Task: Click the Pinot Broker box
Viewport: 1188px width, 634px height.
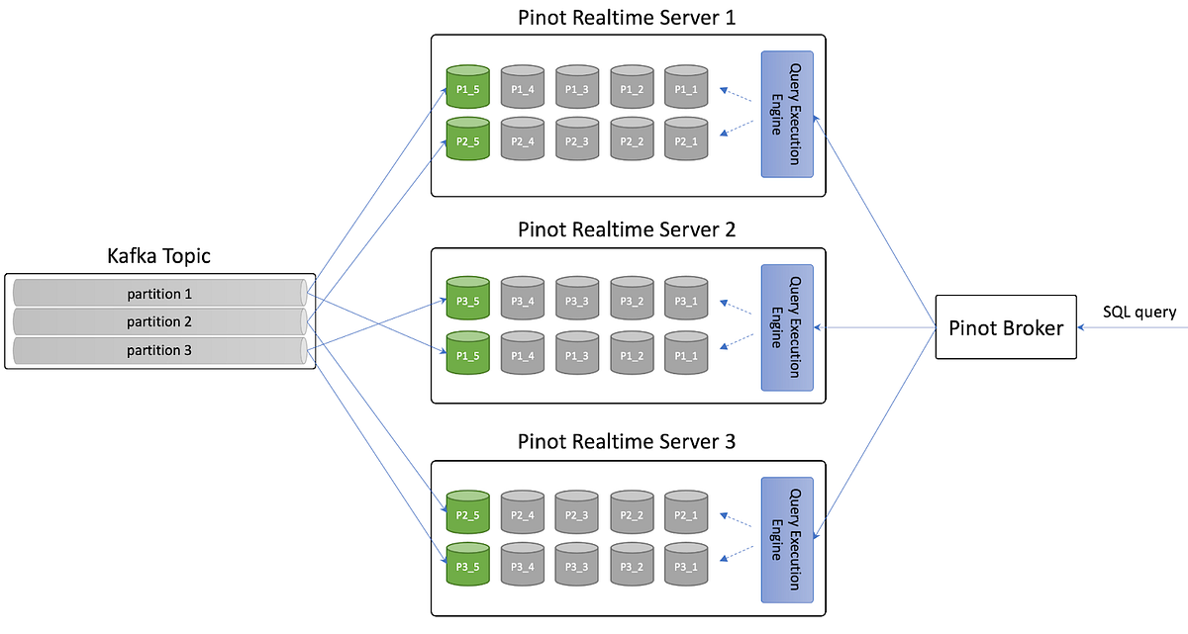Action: (x=1005, y=327)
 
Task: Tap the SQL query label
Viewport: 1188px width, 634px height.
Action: (x=1138, y=313)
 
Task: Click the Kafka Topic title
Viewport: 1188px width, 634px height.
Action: (x=158, y=257)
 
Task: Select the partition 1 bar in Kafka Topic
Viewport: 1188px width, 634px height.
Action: (x=159, y=294)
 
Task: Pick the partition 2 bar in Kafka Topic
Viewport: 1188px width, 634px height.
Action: (x=159, y=321)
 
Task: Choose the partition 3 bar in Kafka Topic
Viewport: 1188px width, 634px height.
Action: (x=159, y=350)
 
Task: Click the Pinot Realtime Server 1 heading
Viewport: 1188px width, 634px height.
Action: (x=627, y=18)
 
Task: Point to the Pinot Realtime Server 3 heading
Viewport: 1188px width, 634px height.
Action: (x=627, y=442)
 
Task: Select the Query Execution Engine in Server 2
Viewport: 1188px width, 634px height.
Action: (x=787, y=327)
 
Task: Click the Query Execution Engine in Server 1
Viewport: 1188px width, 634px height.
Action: (x=787, y=115)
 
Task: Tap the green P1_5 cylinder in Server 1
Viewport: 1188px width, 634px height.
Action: (x=468, y=87)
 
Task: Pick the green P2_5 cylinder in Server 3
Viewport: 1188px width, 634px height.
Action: (x=468, y=513)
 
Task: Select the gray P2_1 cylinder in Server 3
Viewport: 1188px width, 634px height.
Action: (x=686, y=513)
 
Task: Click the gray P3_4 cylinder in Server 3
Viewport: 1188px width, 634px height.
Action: (x=523, y=566)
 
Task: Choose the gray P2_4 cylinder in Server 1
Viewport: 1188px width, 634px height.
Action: (x=523, y=139)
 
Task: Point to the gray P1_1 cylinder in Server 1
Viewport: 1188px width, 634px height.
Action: (x=686, y=87)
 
